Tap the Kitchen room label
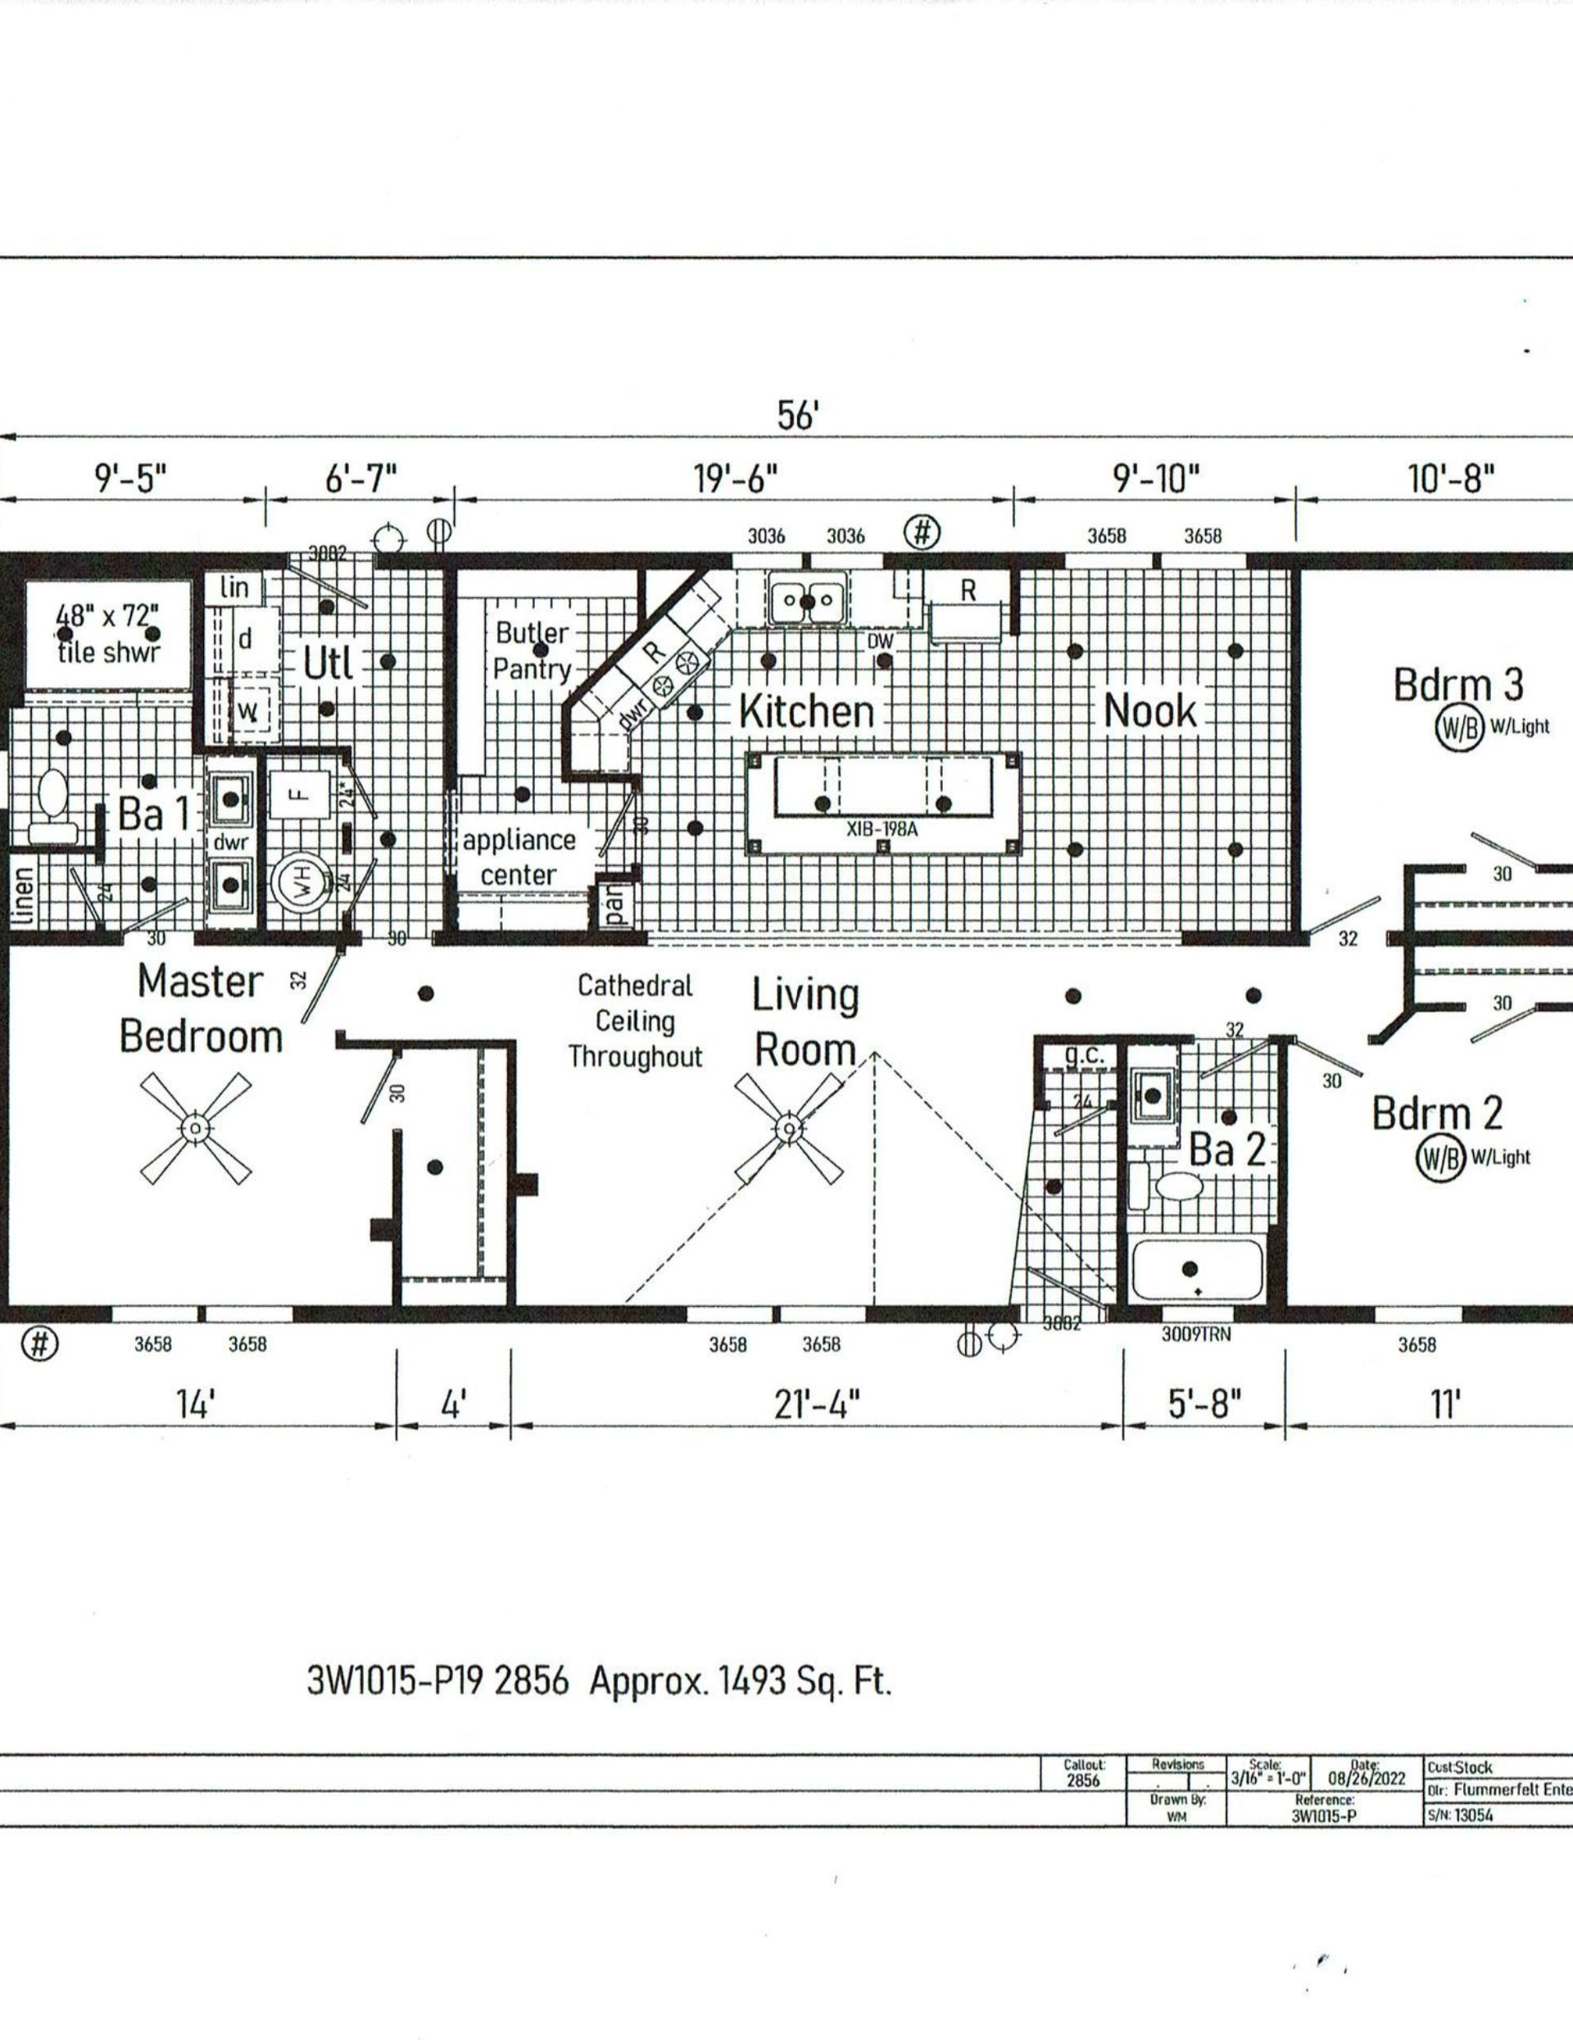[x=807, y=712]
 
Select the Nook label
[x=1150, y=712]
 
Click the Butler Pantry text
[x=533, y=651]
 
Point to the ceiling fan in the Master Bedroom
[x=195, y=1128]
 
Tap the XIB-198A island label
[x=882, y=827]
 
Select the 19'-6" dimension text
[x=735, y=480]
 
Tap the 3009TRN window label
[x=1195, y=1335]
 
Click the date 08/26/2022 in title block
[x=1366, y=1779]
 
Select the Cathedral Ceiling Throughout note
[x=635, y=1021]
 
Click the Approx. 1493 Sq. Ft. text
[x=741, y=1681]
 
